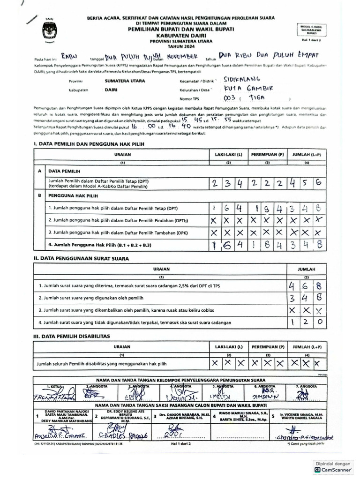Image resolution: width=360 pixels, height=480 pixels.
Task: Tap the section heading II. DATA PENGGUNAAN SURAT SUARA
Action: click(81, 258)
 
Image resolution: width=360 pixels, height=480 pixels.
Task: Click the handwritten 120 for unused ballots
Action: click(305, 322)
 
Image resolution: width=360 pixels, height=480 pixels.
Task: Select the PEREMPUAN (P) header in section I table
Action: click(267, 154)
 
